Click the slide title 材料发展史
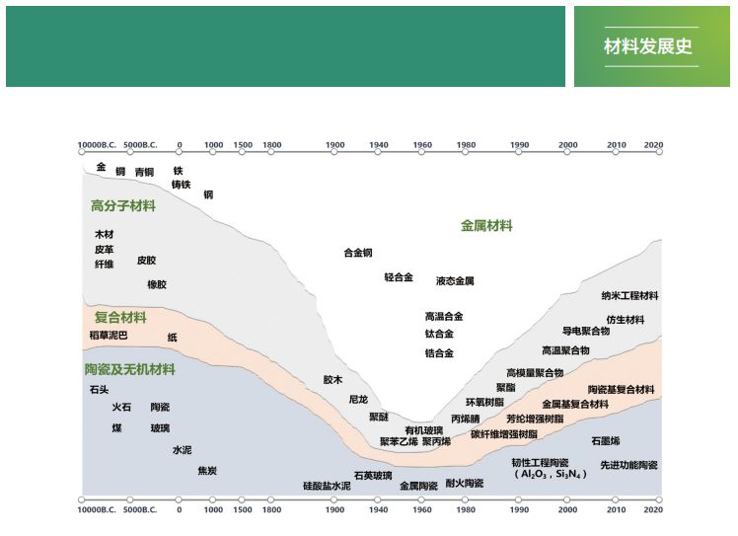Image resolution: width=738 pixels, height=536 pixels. point(648,46)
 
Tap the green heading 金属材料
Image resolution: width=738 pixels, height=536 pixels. point(486,226)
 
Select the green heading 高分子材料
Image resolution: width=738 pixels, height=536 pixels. point(123,206)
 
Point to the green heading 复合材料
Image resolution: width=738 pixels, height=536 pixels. point(120,317)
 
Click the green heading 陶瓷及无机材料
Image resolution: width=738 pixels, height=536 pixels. point(130,369)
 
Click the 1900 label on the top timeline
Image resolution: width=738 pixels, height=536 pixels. point(334,144)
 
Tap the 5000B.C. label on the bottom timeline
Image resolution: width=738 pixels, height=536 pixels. point(140,509)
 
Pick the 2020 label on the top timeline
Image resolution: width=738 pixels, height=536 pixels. point(653,144)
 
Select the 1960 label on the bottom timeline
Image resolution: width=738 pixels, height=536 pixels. point(422,509)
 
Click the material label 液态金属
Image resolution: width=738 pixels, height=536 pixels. point(455,281)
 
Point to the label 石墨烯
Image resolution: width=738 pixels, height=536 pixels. point(605,441)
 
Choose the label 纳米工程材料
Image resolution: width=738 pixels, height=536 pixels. point(629,296)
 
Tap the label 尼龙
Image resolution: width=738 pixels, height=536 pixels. point(358,400)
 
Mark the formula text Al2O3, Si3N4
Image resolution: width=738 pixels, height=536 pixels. point(550,474)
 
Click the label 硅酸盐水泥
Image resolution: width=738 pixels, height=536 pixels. point(327,486)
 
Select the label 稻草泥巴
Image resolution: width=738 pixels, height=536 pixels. point(109,336)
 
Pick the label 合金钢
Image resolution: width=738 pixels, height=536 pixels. point(358,253)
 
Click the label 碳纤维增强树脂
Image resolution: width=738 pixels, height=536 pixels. point(503,434)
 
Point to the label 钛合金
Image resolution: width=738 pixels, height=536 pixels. point(439,334)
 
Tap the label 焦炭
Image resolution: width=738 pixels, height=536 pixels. point(207,471)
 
